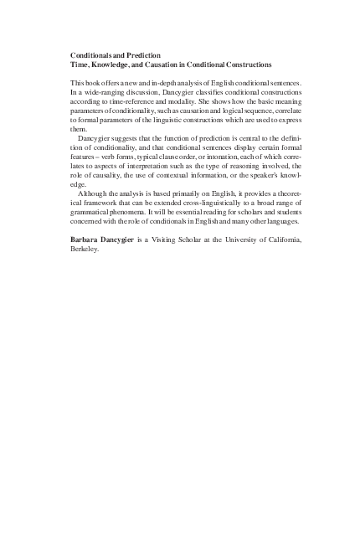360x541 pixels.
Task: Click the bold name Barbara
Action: coord(87,240)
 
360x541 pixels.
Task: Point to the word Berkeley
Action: coord(85,249)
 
